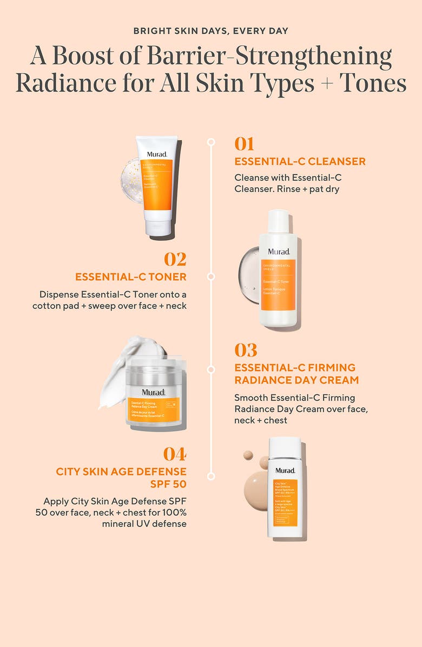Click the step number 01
(x=244, y=144)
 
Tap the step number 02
(x=175, y=259)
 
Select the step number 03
(x=246, y=351)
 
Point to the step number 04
(x=175, y=454)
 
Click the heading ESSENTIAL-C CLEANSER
(x=300, y=161)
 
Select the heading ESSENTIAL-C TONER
(x=130, y=277)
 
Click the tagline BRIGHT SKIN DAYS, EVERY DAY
(x=210, y=31)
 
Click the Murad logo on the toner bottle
(x=278, y=252)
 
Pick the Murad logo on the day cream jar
(x=153, y=392)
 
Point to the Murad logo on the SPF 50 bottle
(x=285, y=470)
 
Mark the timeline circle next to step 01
(x=211, y=142)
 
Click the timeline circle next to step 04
(x=211, y=476)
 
